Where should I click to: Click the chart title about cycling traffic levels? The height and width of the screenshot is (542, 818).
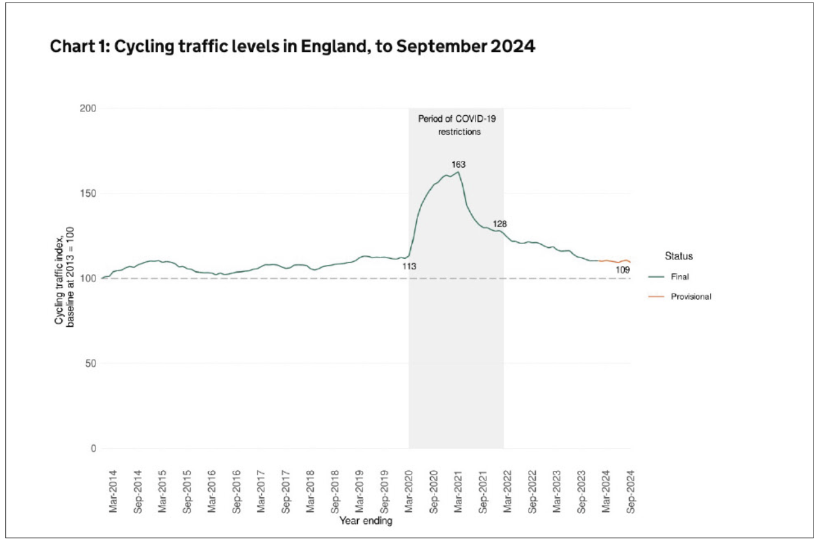292,47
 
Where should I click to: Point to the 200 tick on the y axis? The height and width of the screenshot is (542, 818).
88,109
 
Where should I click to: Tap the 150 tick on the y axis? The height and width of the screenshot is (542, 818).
88,193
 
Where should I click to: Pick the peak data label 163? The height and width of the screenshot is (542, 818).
458,165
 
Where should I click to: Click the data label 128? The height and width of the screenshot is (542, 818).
499,224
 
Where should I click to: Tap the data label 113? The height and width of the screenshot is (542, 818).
410,265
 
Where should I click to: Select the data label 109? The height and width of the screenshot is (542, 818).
623,270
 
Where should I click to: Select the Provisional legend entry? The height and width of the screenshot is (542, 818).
691,297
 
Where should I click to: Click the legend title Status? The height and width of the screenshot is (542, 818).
678,256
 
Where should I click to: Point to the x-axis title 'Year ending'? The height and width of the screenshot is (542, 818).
365,521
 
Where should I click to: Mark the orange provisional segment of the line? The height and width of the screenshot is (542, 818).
614,261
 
